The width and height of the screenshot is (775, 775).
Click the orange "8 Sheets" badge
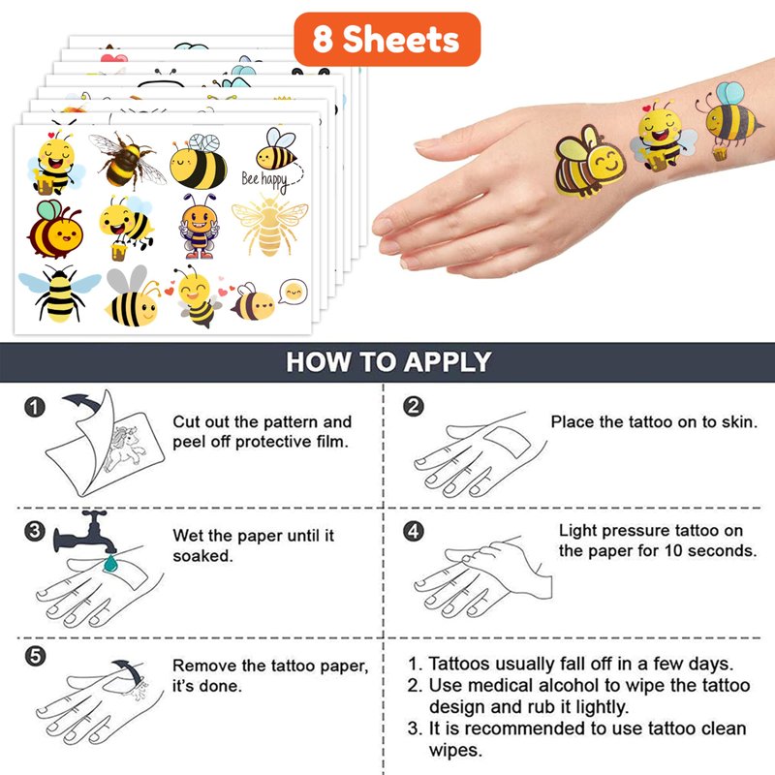point(387,39)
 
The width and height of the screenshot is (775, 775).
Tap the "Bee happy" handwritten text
point(264,181)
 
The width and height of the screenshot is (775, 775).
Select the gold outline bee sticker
point(270,225)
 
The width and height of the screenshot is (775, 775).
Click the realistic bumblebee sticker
point(128,159)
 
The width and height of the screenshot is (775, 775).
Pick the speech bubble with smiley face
point(294,292)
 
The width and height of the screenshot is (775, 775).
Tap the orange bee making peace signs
point(199,226)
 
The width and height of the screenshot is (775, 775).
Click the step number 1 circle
point(35,407)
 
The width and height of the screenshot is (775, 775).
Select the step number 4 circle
point(414,531)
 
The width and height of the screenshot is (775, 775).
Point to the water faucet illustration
point(84,532)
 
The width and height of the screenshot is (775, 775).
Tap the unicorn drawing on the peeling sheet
point(125,449)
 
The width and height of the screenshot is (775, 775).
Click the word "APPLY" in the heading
point(448,361)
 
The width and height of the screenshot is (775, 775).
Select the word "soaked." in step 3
point(202,556)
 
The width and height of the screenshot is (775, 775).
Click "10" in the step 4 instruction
point(673,550)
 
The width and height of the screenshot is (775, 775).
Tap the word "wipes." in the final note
point(455,750)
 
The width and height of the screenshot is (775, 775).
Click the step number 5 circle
point(35,657)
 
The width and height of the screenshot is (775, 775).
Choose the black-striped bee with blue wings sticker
point(59,294)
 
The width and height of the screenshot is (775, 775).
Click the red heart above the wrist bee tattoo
point(646,108)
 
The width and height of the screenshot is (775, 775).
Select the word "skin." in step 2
point(739,422)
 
